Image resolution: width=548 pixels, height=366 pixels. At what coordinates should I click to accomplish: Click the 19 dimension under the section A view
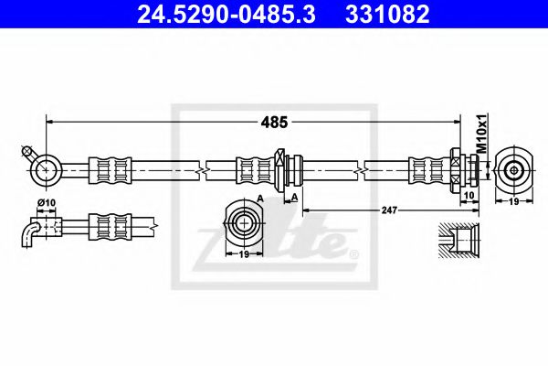click(x=244, y=255)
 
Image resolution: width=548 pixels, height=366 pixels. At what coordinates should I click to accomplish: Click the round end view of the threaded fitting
click(x=513, y=170)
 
